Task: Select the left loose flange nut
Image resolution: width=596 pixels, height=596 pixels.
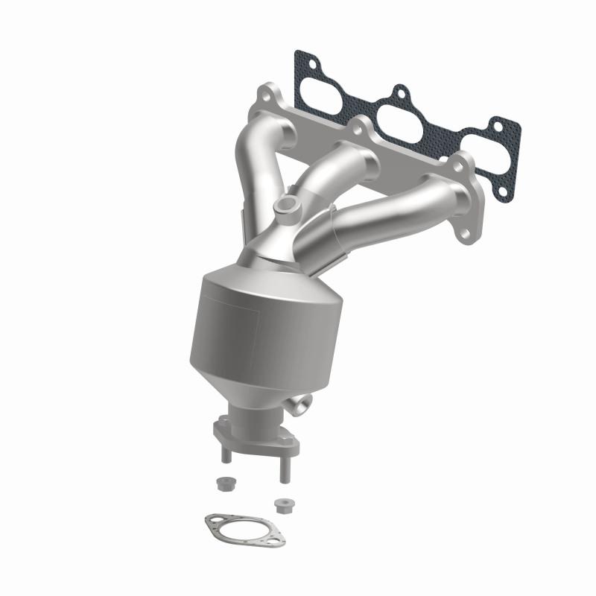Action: tap(223, 483)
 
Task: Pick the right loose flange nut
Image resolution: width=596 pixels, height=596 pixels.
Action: tap(281, 505)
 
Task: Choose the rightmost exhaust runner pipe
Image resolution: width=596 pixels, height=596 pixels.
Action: tap(395, 205)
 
